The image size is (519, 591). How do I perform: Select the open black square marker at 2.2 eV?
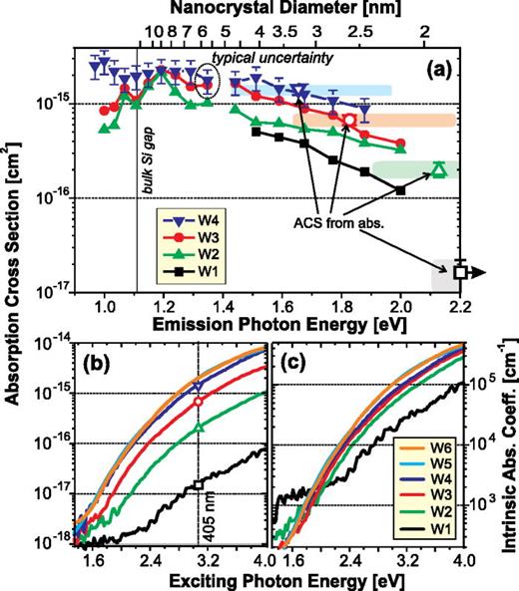click(460, 271)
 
